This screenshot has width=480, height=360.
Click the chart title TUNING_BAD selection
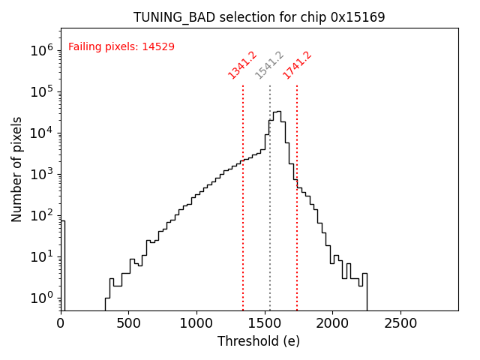tap(259, 17)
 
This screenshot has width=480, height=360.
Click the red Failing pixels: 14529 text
tap(121, 46)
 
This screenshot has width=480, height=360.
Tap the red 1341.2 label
tap(243, 65)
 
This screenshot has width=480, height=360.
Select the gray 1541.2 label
tap(270, 65)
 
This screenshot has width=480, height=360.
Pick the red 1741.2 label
tap(297, 65)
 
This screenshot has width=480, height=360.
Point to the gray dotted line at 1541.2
tap(270, 225)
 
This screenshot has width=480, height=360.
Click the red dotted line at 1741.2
tap(297, 225)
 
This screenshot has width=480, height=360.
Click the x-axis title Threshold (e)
tap(259, 341)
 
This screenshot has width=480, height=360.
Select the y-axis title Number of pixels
tap(17, 169)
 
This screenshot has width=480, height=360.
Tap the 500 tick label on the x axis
tap(129, 322)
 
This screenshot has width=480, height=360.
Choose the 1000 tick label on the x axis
tap(196, 322)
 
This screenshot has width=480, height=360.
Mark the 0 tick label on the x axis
tap(61, 322)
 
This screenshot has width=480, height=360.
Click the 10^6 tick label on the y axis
tap(40, 50)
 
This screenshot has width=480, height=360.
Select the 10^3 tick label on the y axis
tap(40, 174)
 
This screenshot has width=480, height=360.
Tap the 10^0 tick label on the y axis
tap(40, 298)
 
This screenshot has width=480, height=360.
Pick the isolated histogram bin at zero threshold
tap(63, 262)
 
